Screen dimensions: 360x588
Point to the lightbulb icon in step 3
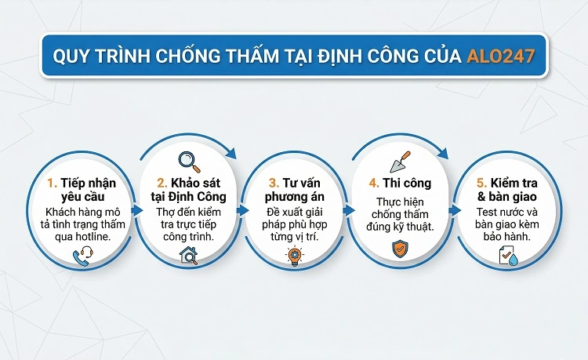pos(292,253)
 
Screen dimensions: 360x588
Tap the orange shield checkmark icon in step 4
pos(398,249)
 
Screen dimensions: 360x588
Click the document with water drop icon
pos(505,253)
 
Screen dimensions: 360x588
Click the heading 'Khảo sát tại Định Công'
pos(188,191)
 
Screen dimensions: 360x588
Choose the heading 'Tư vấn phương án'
pos(292,191)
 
